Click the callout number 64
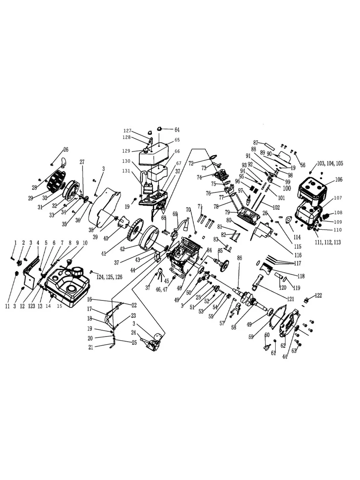click(177, 130)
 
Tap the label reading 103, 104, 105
click(330, 163)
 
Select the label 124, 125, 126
click(109, 277)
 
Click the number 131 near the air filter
click(126, 171)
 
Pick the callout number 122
click(318, 296)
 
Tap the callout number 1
click(15, 242)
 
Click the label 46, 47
click(162, 290)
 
